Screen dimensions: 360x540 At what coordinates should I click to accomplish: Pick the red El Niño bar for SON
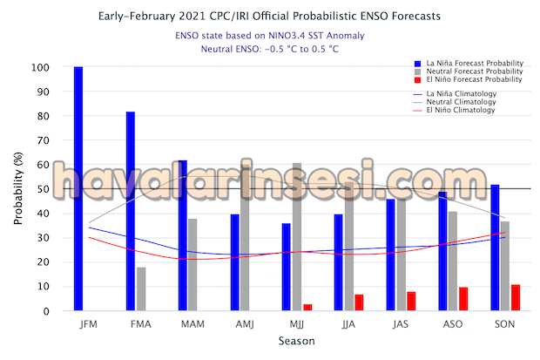pyautogui.click(x=516, y=297)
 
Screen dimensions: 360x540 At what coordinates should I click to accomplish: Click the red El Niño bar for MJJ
pyautogui.click(x=307, y=307)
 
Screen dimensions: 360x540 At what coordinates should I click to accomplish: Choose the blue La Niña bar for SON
pyautogui.click(x=495, y=248)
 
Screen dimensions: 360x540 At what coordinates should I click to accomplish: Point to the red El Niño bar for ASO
pyautogui.click(x=463, y=298)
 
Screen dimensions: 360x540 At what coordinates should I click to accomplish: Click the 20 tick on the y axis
pyautogui.click(x=57, y=262)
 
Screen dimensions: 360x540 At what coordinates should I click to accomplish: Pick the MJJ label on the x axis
pyautogui.click(x=296, y=325)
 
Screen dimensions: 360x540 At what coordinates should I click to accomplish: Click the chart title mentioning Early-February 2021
pyautogui.click(x=270, y=16)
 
